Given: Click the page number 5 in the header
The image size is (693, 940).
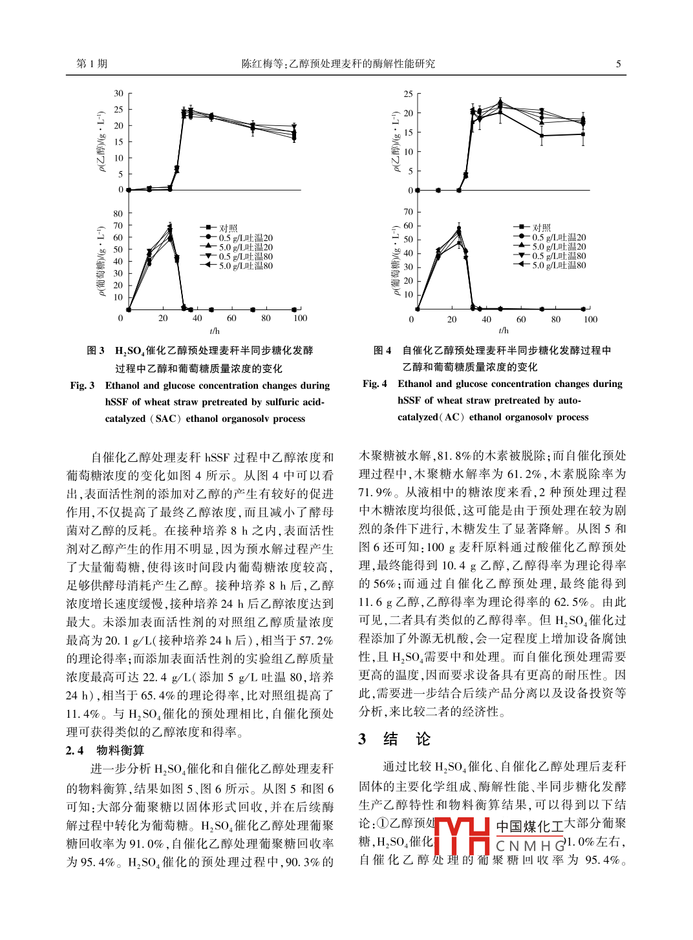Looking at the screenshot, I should coord(618,64).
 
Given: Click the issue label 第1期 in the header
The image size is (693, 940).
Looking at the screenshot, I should coord(92,64).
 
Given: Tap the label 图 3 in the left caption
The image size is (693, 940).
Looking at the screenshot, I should coord(96,351).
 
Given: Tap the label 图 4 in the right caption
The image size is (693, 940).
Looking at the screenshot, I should coord(382,350).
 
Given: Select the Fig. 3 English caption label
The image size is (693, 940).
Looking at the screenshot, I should coord(82,386).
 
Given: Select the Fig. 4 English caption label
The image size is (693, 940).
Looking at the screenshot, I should coord(375,384).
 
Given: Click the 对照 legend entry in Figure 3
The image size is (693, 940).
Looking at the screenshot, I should coord(228,228).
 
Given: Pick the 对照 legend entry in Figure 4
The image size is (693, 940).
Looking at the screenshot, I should coord(541,227).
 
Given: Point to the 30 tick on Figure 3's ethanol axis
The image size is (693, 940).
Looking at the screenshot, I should coord(118,94).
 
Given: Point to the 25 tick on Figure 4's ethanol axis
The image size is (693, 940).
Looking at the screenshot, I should coord(408,94).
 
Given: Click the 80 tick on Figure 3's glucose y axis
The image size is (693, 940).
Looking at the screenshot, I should coord(118,214).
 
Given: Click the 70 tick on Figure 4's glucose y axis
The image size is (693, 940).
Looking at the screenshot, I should coord(408,212).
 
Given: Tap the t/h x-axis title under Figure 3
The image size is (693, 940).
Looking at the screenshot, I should coord(215,331).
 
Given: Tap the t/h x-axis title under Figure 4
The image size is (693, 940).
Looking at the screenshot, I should coord(504,331).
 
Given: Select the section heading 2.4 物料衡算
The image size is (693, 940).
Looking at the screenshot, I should coord(105,750).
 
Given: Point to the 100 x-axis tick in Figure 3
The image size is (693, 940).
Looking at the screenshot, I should coord(300,319).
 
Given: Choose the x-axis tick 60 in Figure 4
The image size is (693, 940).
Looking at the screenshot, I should coord(521,319).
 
